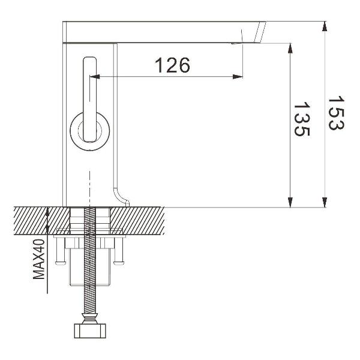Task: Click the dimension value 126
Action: point(173,65)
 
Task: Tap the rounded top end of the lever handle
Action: point(89,62)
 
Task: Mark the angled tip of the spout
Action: point(262,32)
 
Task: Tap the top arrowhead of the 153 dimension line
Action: point(324,26)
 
